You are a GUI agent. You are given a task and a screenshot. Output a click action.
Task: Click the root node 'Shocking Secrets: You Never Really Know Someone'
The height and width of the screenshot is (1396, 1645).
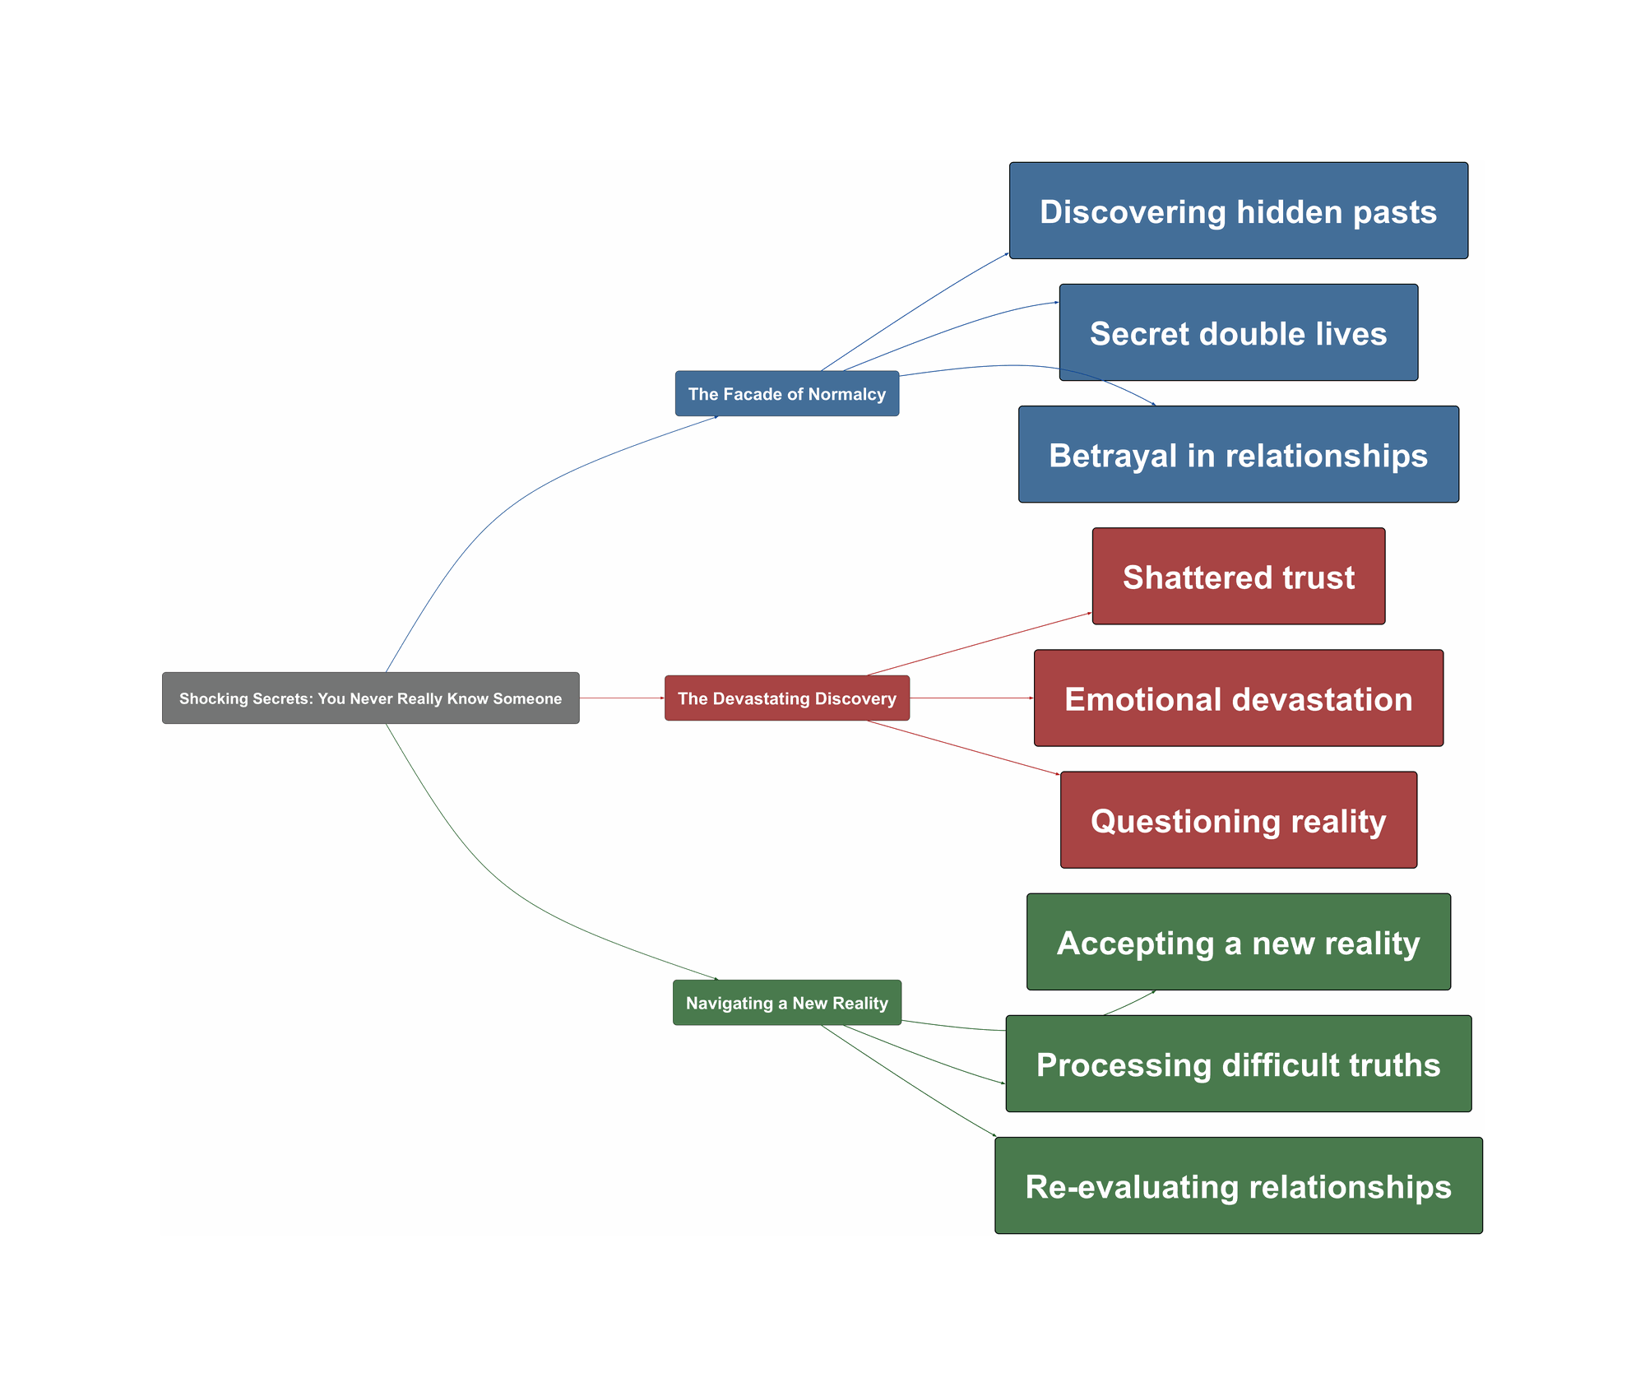pyautogui.click(x=370, y=698)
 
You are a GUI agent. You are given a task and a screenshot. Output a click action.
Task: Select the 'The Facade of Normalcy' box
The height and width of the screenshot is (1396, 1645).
pyautogui.click(x=786, y=394)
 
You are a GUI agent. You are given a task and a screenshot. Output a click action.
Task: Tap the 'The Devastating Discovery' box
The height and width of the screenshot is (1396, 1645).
pyautogui.click(x=786, y=698)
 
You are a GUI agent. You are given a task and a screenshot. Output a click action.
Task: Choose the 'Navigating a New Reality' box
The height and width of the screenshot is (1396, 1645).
pyautogui.click(x=786, y=1003)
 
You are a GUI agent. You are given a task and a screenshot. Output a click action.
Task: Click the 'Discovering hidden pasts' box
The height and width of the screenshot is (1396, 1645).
pyautogui.click(x=1238, y=211)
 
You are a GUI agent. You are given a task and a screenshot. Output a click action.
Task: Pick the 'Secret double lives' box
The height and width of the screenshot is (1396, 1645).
pyautogui.click(x=1238, y=333)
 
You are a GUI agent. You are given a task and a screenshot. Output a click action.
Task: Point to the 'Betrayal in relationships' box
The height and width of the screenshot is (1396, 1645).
pyautogui.click(x=1238, y=455)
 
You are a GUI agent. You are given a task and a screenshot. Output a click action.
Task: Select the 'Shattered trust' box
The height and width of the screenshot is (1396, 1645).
pyautogui.click(x=1238, y=577)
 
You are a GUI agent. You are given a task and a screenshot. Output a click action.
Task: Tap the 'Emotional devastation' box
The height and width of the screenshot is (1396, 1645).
pyautogui.click(x=1238, y=698)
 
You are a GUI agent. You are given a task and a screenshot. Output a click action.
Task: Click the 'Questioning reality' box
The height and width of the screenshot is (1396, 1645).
pyautogui.click(x=1238, y=820)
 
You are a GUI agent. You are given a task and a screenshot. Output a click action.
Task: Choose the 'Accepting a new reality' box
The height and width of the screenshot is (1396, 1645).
pyautogui.click(x=1238, y=942)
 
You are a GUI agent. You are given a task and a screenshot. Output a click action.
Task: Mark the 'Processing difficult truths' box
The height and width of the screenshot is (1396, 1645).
pyautogui.click(x=1238, y=1064)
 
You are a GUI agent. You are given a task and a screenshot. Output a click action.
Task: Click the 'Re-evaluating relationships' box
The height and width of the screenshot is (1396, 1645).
pyautogui.click(x=1238, y=1185)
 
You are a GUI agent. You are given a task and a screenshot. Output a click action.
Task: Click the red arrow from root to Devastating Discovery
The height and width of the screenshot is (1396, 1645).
pyautogui.click(x=622, y=698)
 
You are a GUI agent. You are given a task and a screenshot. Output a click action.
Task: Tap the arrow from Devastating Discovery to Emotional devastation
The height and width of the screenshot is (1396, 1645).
pyautogui.click(x=971, y=698)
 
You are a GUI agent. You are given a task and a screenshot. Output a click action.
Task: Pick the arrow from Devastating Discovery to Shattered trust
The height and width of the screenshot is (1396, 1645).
pyautogui.click(x=979, y=644)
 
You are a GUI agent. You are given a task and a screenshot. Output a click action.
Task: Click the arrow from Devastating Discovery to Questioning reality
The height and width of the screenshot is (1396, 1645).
pyautogui.click(x=962, y=747)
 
